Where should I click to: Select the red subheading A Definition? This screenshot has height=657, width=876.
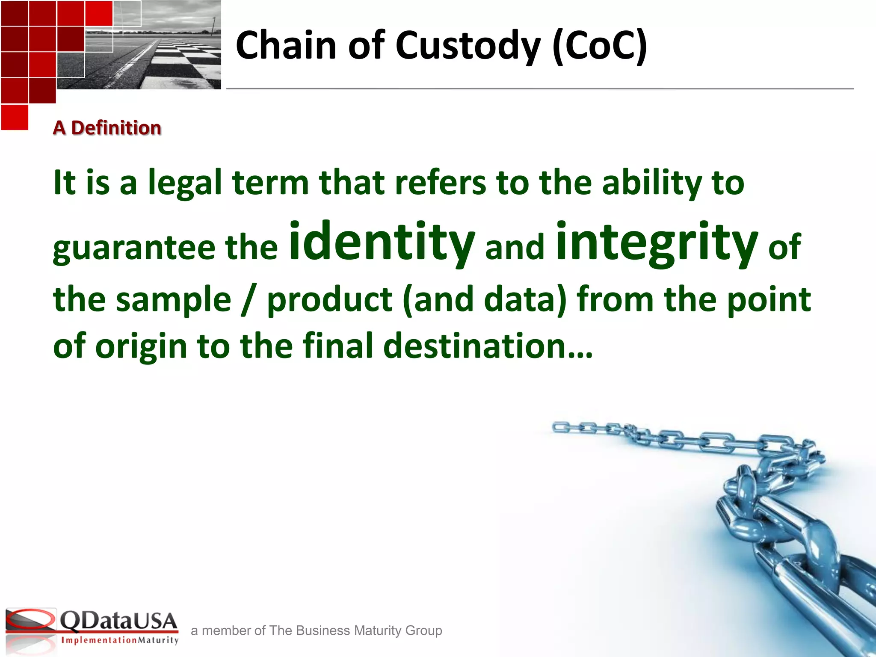(x=107, y=128)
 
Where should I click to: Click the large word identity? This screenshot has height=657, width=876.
(x=382, y=242)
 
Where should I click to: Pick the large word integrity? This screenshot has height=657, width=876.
(x=657, y=242)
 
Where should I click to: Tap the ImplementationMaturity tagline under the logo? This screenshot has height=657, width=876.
(x=120, y=640)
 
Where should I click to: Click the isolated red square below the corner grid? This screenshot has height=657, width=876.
(x=15, y=117)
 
